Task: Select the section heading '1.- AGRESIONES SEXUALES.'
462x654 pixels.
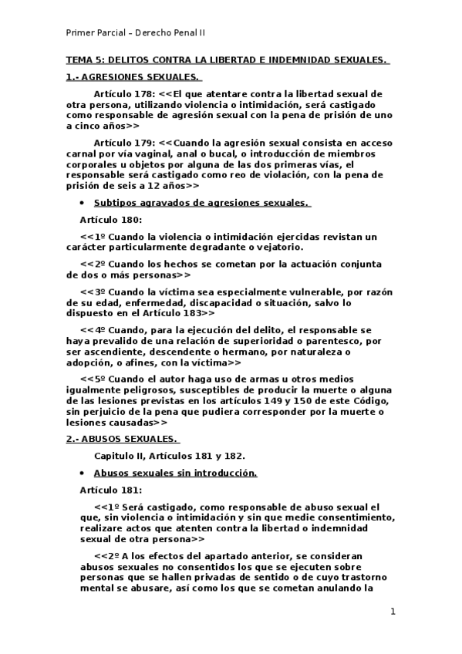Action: tap(133, 76)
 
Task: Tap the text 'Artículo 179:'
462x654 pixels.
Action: tap(125, 143)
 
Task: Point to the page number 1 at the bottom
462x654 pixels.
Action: tap(393, 612)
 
